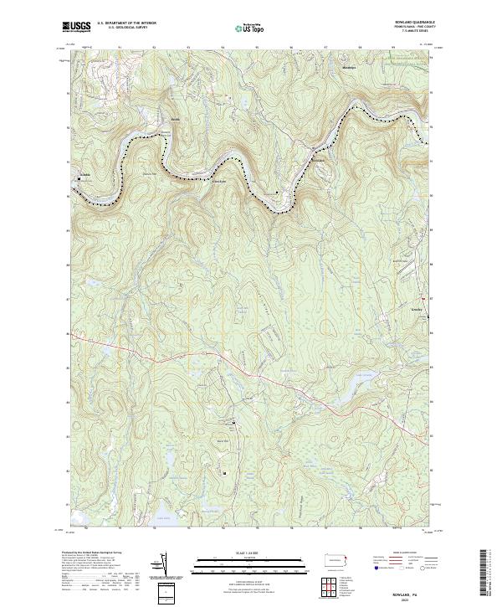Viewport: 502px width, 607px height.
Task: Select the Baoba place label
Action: tap(175, 120)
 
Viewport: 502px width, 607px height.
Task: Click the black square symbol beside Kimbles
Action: tap(81, 178)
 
